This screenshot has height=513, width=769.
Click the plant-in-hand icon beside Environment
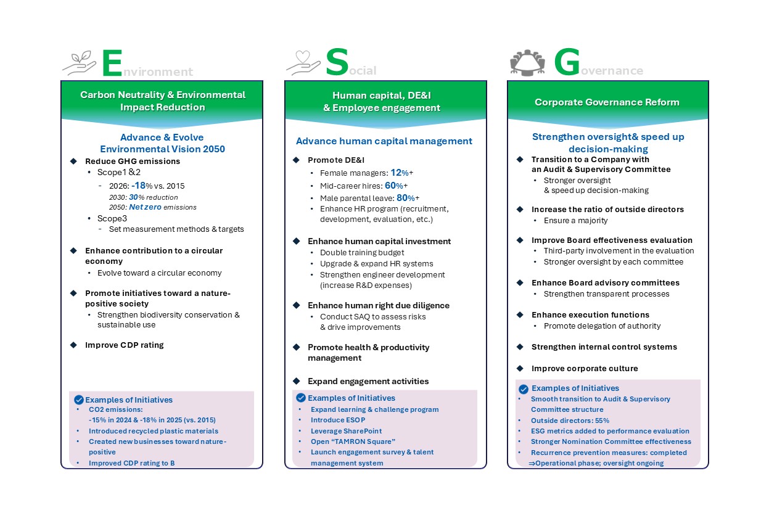pos(80,63)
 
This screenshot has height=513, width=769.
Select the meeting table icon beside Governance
pos(528,62)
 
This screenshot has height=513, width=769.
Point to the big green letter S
pos(337,62)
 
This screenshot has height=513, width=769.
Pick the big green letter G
pos(566,62)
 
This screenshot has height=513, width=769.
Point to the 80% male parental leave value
pos(405,198)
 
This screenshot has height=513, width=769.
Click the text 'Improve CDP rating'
pos(124,345)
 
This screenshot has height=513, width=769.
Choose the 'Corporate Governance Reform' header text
pos(607,102)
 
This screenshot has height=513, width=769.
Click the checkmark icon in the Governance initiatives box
pos(523,389)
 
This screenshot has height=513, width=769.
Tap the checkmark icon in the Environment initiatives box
pos(78,400)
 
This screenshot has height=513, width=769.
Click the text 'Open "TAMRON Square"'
pos(353,441)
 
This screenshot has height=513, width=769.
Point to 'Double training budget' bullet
pos(362,253)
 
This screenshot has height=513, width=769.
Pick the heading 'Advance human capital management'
pos(384,141)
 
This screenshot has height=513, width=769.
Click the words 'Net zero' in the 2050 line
pos(145,207)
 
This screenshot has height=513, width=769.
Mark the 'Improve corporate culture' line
pos(585,369)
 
